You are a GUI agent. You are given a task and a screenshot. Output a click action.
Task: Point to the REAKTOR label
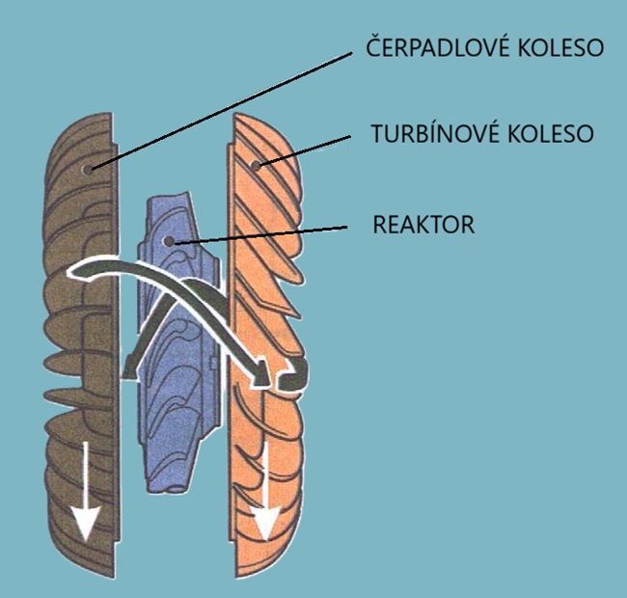(423, 226)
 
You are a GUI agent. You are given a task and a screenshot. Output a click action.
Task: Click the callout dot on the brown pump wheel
(89, 168)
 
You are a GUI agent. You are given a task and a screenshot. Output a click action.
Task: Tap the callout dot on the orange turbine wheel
(256, 165)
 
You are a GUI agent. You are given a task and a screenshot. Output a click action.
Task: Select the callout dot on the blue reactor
(170, 241)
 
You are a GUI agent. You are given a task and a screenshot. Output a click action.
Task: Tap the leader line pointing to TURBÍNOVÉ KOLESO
(304, 149)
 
